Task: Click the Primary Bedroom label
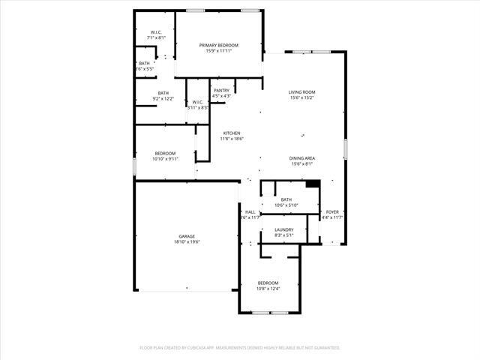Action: point(219,46)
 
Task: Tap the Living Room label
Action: point(301,91)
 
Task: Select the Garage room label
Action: point(187,236)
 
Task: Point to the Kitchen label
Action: point(231,133)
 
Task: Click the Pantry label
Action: point(221,91)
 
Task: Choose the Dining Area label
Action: point(301,158)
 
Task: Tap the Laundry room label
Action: point(283,229)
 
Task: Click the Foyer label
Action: point(332,212)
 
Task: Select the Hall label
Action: point(250,212)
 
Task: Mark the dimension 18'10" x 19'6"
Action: point(187,242)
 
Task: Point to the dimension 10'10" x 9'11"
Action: point(165,159)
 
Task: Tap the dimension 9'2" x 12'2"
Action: point(163,98)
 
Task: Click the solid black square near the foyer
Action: point(313,184)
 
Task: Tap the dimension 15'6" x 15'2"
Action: point(301,97)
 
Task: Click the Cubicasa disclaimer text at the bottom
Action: point(240,348)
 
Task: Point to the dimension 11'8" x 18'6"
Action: point(231,139)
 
